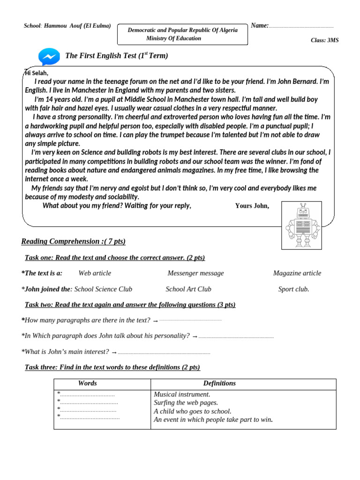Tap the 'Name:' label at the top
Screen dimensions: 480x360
tap(260, 26)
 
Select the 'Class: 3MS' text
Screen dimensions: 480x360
tap(324, 40)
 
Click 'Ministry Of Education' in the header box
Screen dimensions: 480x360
tap(173, 38)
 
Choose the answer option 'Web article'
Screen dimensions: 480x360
tap(95, 273)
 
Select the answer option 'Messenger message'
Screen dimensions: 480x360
tap(195, 273)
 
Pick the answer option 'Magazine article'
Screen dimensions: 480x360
tap(297, 273)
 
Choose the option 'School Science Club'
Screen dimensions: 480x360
tap(103, 289)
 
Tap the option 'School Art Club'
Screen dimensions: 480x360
tap(188, 289)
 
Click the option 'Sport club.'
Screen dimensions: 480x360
tap(293, 289)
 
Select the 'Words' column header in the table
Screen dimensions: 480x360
tap(88, 383)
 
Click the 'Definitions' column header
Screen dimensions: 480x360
tap(219, 383)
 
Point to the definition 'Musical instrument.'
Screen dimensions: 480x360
tap(182, 395)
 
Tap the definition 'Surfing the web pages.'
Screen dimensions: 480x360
tap(186, 403)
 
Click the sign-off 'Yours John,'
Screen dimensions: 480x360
tap(252, 206)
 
